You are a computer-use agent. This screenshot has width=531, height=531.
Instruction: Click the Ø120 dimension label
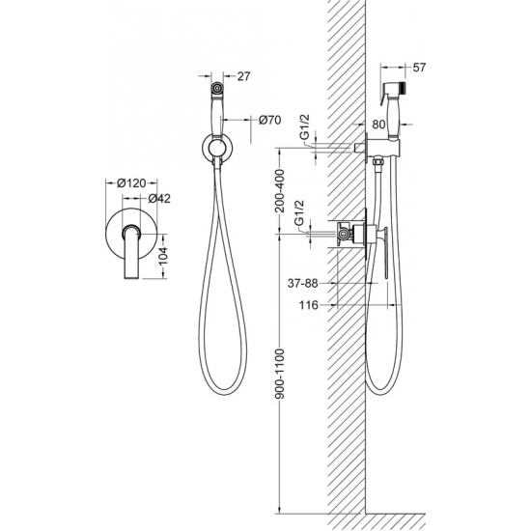(131, 183)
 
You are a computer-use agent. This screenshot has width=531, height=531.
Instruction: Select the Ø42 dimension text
(159, 199)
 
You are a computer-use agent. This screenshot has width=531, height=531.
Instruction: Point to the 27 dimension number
(243, 76)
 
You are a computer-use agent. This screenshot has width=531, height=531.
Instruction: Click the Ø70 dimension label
(270, 120)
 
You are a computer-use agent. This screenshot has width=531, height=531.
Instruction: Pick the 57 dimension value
(419, 68)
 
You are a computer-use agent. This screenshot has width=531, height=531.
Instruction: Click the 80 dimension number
(378, 125)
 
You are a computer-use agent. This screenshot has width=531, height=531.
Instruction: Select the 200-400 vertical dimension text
(280, 190)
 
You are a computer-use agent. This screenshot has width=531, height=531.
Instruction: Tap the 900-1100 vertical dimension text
(280, 374)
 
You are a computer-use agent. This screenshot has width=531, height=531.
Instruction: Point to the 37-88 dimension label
(303, 283)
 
